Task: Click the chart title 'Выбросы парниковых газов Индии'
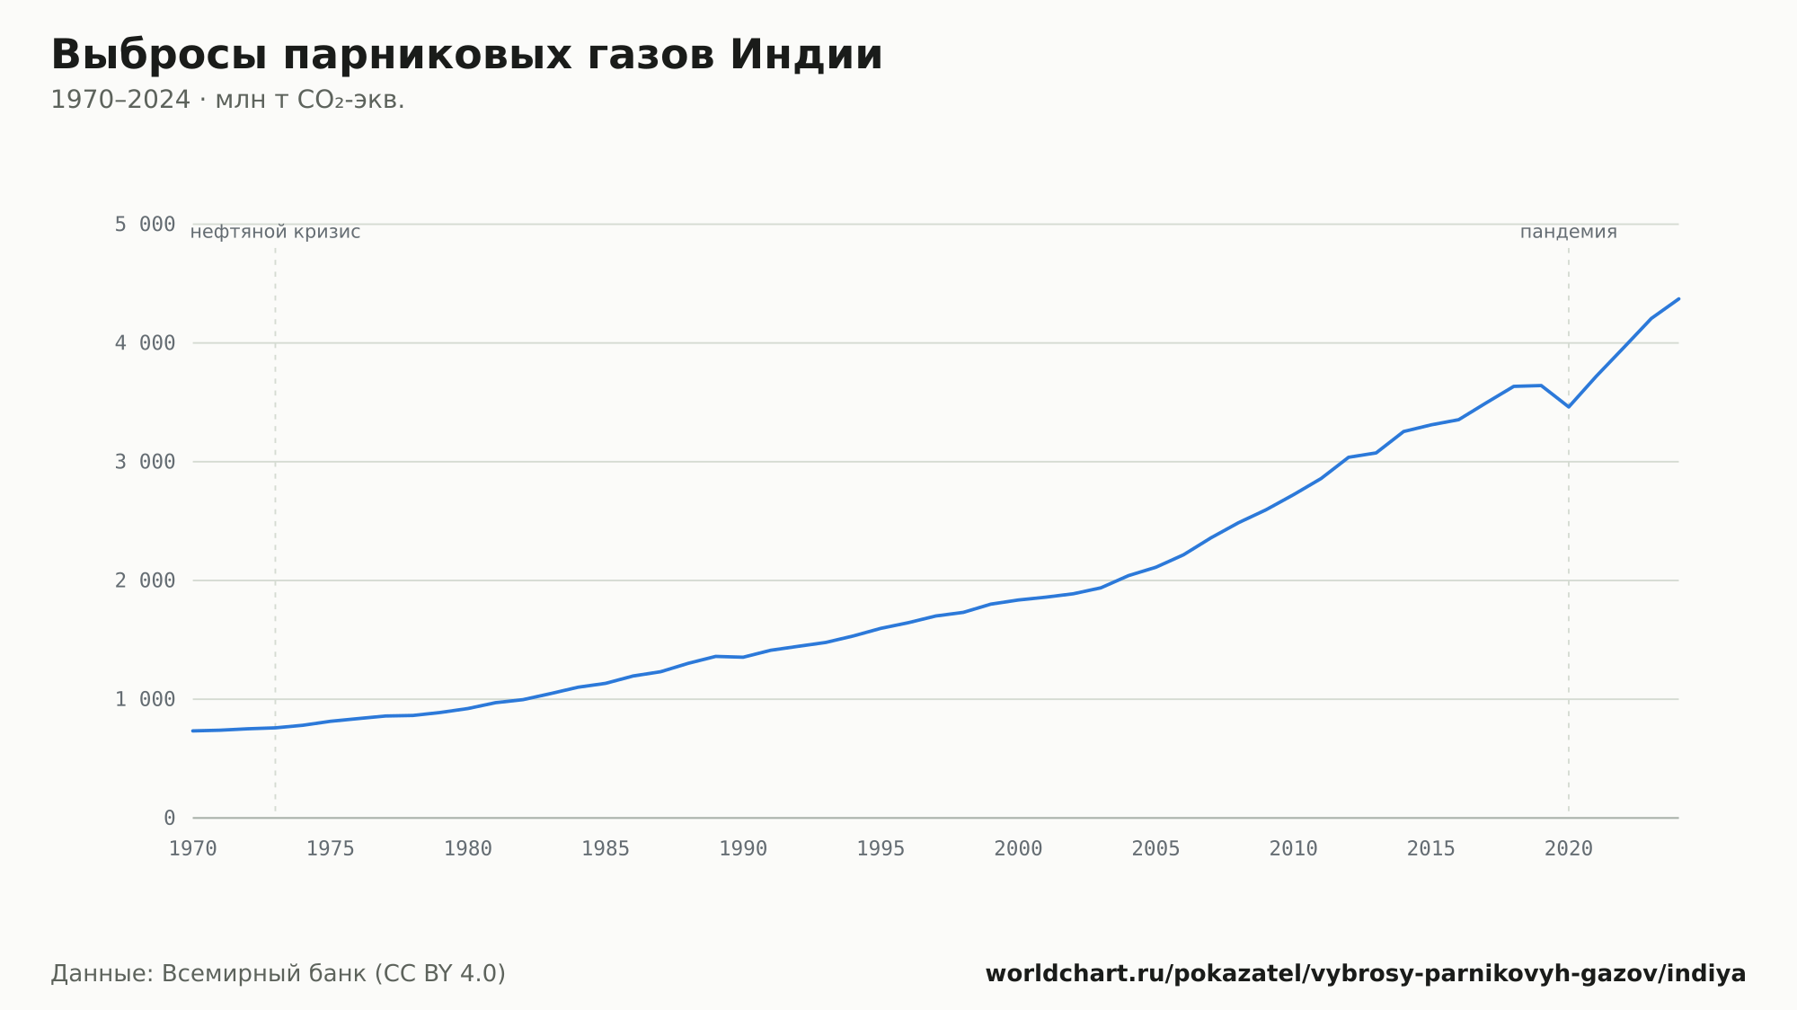tap(467, 56)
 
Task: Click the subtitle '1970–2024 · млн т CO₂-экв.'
tap(227, 100)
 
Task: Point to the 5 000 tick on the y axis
tap(145, 224)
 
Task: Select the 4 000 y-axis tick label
tap(145, 343)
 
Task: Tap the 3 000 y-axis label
tap(145, 462)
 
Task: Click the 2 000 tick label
tap(145, 580)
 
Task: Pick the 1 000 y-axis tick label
tap(145, 699)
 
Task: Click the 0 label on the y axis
tap(170, 818)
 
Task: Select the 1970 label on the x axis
tap(193, 849)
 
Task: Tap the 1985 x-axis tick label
tap(606, 849)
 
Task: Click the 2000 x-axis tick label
tap(1018, 849)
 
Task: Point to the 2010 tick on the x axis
tap(1294, 849)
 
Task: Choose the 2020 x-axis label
tap(1569, 849)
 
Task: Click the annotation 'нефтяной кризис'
tap(275, 232)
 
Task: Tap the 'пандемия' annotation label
tap(1569, 232)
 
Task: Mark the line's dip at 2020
tap(1569, 407)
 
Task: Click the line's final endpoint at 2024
tap(1678, 298)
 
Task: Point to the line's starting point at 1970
tap(193, 731)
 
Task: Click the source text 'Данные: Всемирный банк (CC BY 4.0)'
tap(279, 974)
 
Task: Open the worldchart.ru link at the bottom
tap(1366, 974)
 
